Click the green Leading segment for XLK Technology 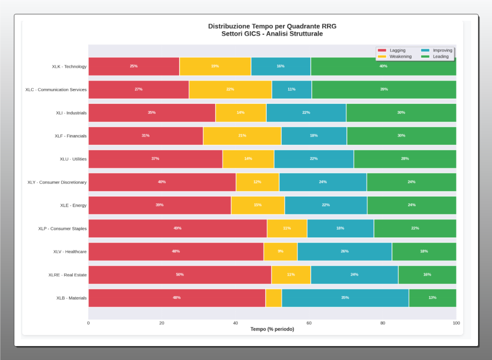coord(383,66)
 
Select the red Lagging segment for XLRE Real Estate coord(180,274)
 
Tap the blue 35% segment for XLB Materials coord(345,298)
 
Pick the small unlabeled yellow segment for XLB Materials coord(273,298)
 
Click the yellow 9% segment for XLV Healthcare coord(280,251)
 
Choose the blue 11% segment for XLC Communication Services coord(292,89)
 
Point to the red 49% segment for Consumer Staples coord(177,228)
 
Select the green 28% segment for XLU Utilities coord(405,159)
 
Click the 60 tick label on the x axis coord(309,323)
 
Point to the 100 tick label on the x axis coord(456,323)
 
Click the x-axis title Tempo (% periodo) coord(272,329)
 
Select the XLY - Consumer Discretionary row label coord(57,182)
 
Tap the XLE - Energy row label coord(73,205)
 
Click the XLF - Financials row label coord(70,136)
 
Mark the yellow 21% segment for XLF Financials coord(242,136)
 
